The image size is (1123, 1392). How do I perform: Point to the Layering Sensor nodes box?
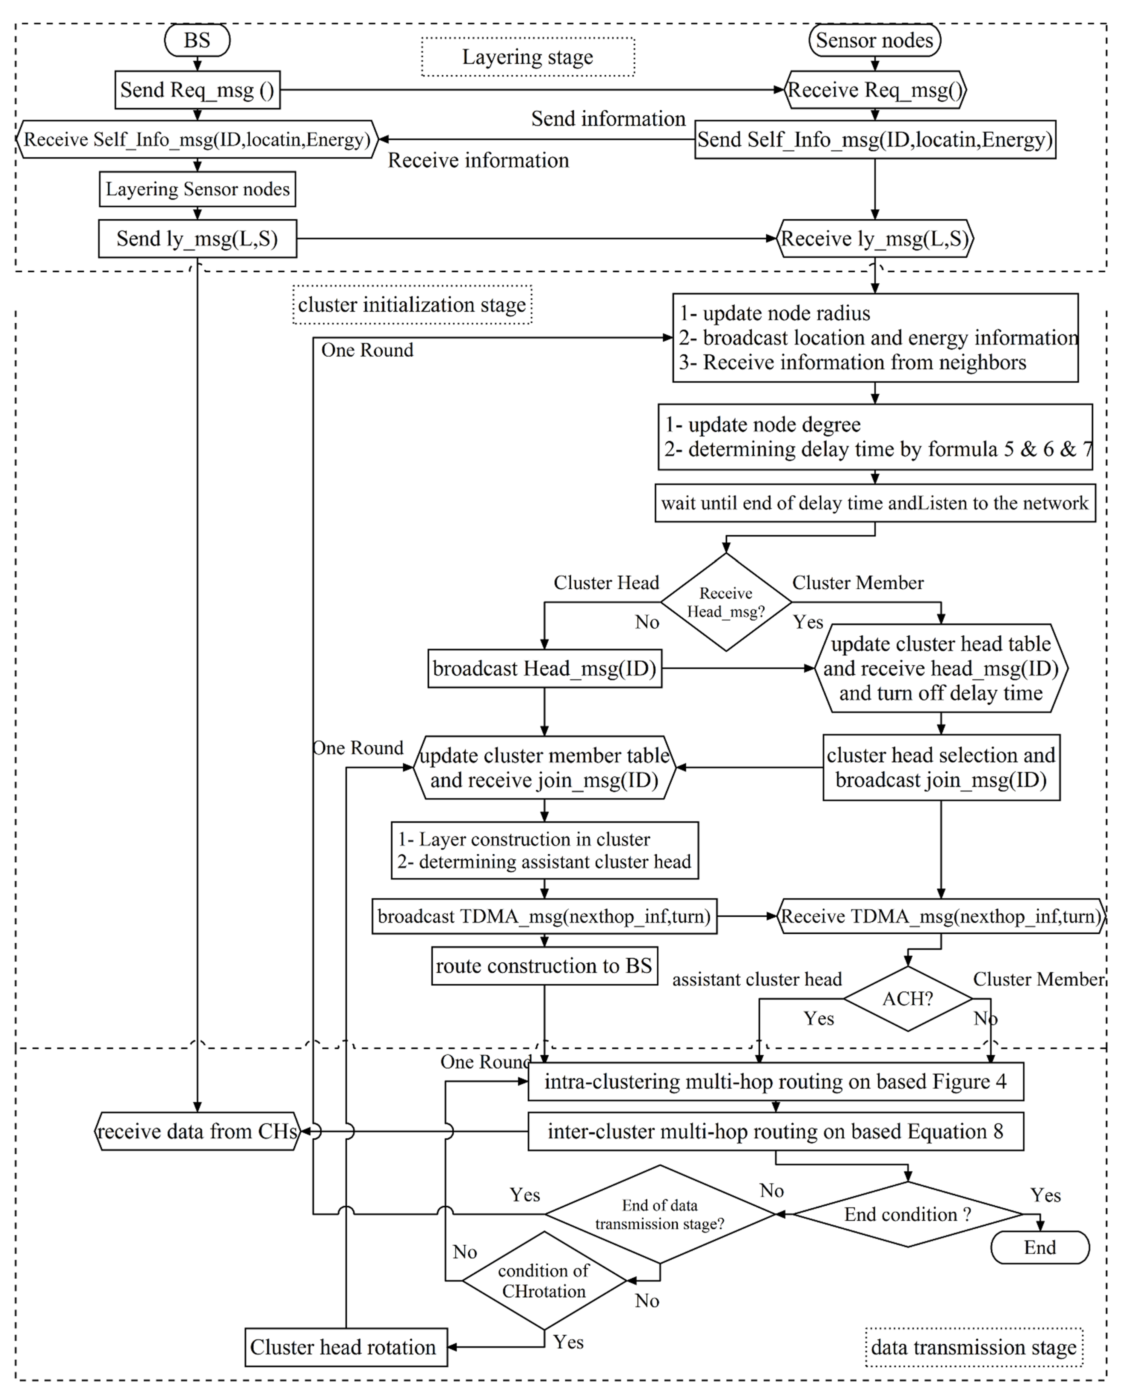point(197,189)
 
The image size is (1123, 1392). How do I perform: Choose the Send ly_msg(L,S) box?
point(197,239)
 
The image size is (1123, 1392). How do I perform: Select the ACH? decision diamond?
point(908,998)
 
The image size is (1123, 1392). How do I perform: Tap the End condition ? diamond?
point(908,1214)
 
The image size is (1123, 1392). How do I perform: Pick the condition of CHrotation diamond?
point(544,1281)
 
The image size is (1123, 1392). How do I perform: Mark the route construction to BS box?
point(544,966)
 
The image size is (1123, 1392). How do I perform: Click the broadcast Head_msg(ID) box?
point(544,668)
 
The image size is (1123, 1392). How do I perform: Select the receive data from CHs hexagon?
point(197,1131)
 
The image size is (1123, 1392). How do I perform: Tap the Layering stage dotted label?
point(527,57)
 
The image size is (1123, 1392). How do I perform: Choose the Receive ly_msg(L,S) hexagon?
point(875,239)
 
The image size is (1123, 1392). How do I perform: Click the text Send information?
point(608,118)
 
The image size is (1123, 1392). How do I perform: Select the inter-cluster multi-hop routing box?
point(775,1131)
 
